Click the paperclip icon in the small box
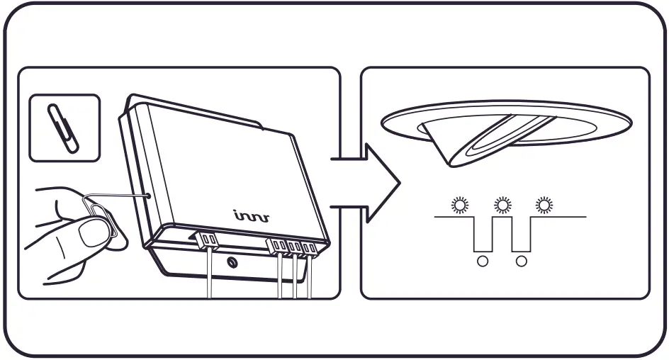[x=64, y=127]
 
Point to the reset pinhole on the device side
[x=147, y=193]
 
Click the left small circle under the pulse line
[x=483, y=261]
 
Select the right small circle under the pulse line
[x=522, y=261]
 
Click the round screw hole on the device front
[x=232, y=263]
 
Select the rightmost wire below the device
[x=309, y=280]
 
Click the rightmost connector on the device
[x=311, y=248]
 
